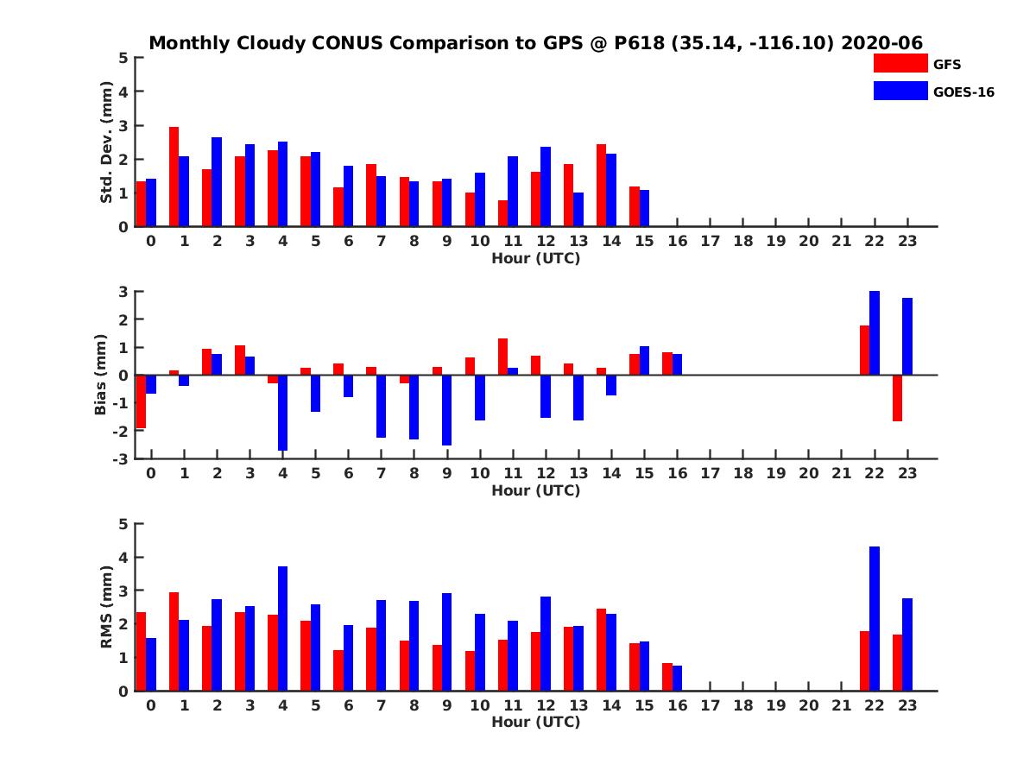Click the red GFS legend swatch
tap(900, 63)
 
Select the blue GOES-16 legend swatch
tap(900, 91)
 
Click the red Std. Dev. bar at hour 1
tap(174, 177)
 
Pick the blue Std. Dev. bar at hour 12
tap(546, 186)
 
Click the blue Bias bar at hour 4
tap(282, 413)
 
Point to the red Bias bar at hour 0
tap(141, 401)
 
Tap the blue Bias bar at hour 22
tap(875, 333)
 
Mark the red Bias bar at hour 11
tap(502, 357)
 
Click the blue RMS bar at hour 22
tap(875, 618)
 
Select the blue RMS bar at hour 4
tap(282, 629)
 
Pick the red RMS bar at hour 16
tap(666, 677)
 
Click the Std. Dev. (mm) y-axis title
tap(107, 142)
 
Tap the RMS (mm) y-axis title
tap(107, 607)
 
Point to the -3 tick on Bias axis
tap(122, 458)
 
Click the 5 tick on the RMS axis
tap(123, 524)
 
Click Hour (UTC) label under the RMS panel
tap(535, 722)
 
